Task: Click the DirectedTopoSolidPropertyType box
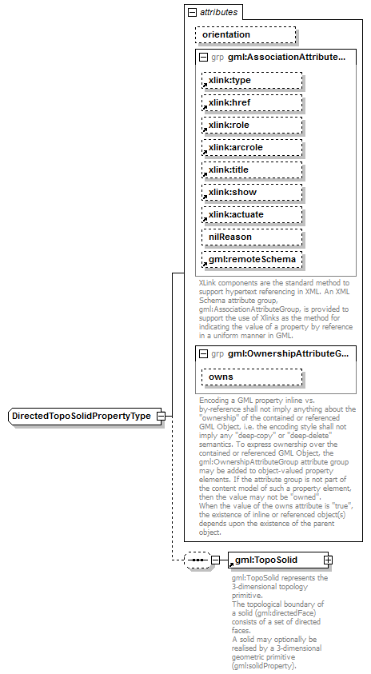tap(82, 417)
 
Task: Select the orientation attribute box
tap(245, 35)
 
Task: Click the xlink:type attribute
tap(252, 81)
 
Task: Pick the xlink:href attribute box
tap(252, 103)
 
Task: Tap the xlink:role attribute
tap(252, 126)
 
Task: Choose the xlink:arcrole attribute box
tap(252, 148)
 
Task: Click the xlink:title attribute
tap(252, 170)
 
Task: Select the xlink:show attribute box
tap(252, 193)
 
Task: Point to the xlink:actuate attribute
tap(252, 215)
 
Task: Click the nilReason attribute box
tap(252, 237)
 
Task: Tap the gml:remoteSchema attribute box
tap(252, 260)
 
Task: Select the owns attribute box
tap(252, 377)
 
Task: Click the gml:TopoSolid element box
tap(276, 560)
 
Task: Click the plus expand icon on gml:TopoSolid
tap(328, 560)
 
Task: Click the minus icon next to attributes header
tap(191, 13)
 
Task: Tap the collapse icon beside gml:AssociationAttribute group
tap(204, 58)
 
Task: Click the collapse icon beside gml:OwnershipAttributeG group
tap(204, 353)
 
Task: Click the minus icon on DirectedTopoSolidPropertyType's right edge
tap(161, 417)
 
